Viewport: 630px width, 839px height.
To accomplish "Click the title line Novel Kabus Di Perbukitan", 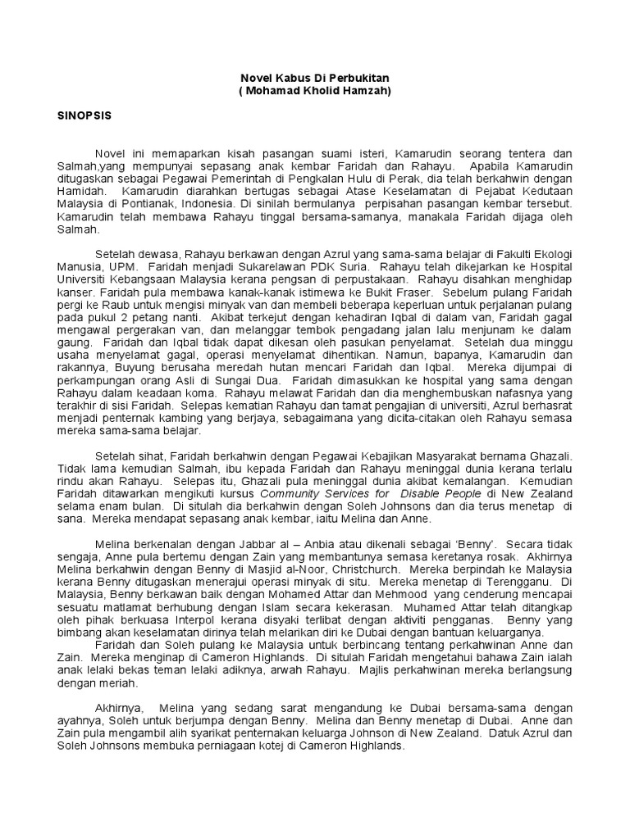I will pos(314,77).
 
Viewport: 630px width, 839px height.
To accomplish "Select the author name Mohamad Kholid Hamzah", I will pos(315,91).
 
